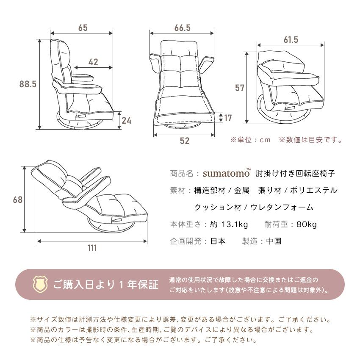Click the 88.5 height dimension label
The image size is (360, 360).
tap(28, 84)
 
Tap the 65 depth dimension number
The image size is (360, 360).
tap(83, 28)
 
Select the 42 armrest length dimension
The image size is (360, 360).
tap(93, 62)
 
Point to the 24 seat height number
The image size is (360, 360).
tap(126, 120)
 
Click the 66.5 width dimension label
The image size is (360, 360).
tap(182, 28)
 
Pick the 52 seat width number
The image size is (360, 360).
tap(184, 141)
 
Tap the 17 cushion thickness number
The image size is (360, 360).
tap(228, 118)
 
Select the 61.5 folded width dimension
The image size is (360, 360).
tap(291, 40)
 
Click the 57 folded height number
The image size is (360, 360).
tap(240, 88)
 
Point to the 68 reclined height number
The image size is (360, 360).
tap(17, 199)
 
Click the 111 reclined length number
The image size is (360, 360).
tap(92, 248)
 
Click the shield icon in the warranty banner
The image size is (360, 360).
tap(40, 284)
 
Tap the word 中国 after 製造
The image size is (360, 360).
tap(274, 241)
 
